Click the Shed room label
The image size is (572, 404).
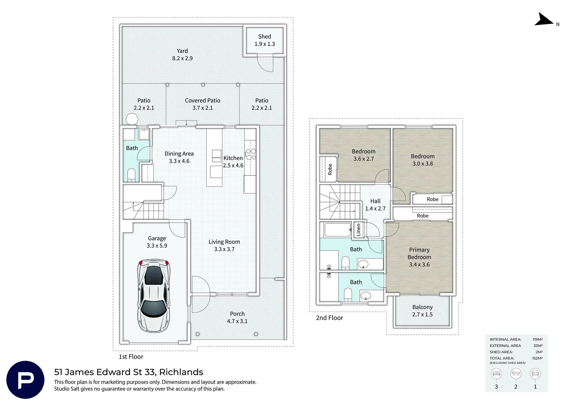click(265, 37)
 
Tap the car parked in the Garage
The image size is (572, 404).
click(154, 296)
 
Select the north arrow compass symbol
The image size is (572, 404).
click(544, 19)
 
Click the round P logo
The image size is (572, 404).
click(25, 380)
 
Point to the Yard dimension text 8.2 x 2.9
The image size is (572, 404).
click(182, 58)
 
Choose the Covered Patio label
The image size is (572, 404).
click(203, 100)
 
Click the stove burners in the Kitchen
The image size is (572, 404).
click(251, 154)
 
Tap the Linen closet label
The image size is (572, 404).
click(358, 230)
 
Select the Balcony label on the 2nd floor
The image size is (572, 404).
click(422, 307)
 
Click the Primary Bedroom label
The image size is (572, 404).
click(419, 253)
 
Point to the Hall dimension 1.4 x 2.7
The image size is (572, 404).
click(375, 208)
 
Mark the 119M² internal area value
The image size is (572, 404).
click(538, 339)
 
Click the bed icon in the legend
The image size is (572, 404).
click(496, 374)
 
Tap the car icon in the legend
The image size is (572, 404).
click(535, 374)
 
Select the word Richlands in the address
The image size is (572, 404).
click(181, 372)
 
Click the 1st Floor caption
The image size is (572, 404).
click(131, 356)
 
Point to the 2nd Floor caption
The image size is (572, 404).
click(329, 318)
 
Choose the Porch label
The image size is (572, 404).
click(237, 313)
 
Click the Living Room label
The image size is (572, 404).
click(224, 242)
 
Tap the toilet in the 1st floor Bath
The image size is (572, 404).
click(131, 175)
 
